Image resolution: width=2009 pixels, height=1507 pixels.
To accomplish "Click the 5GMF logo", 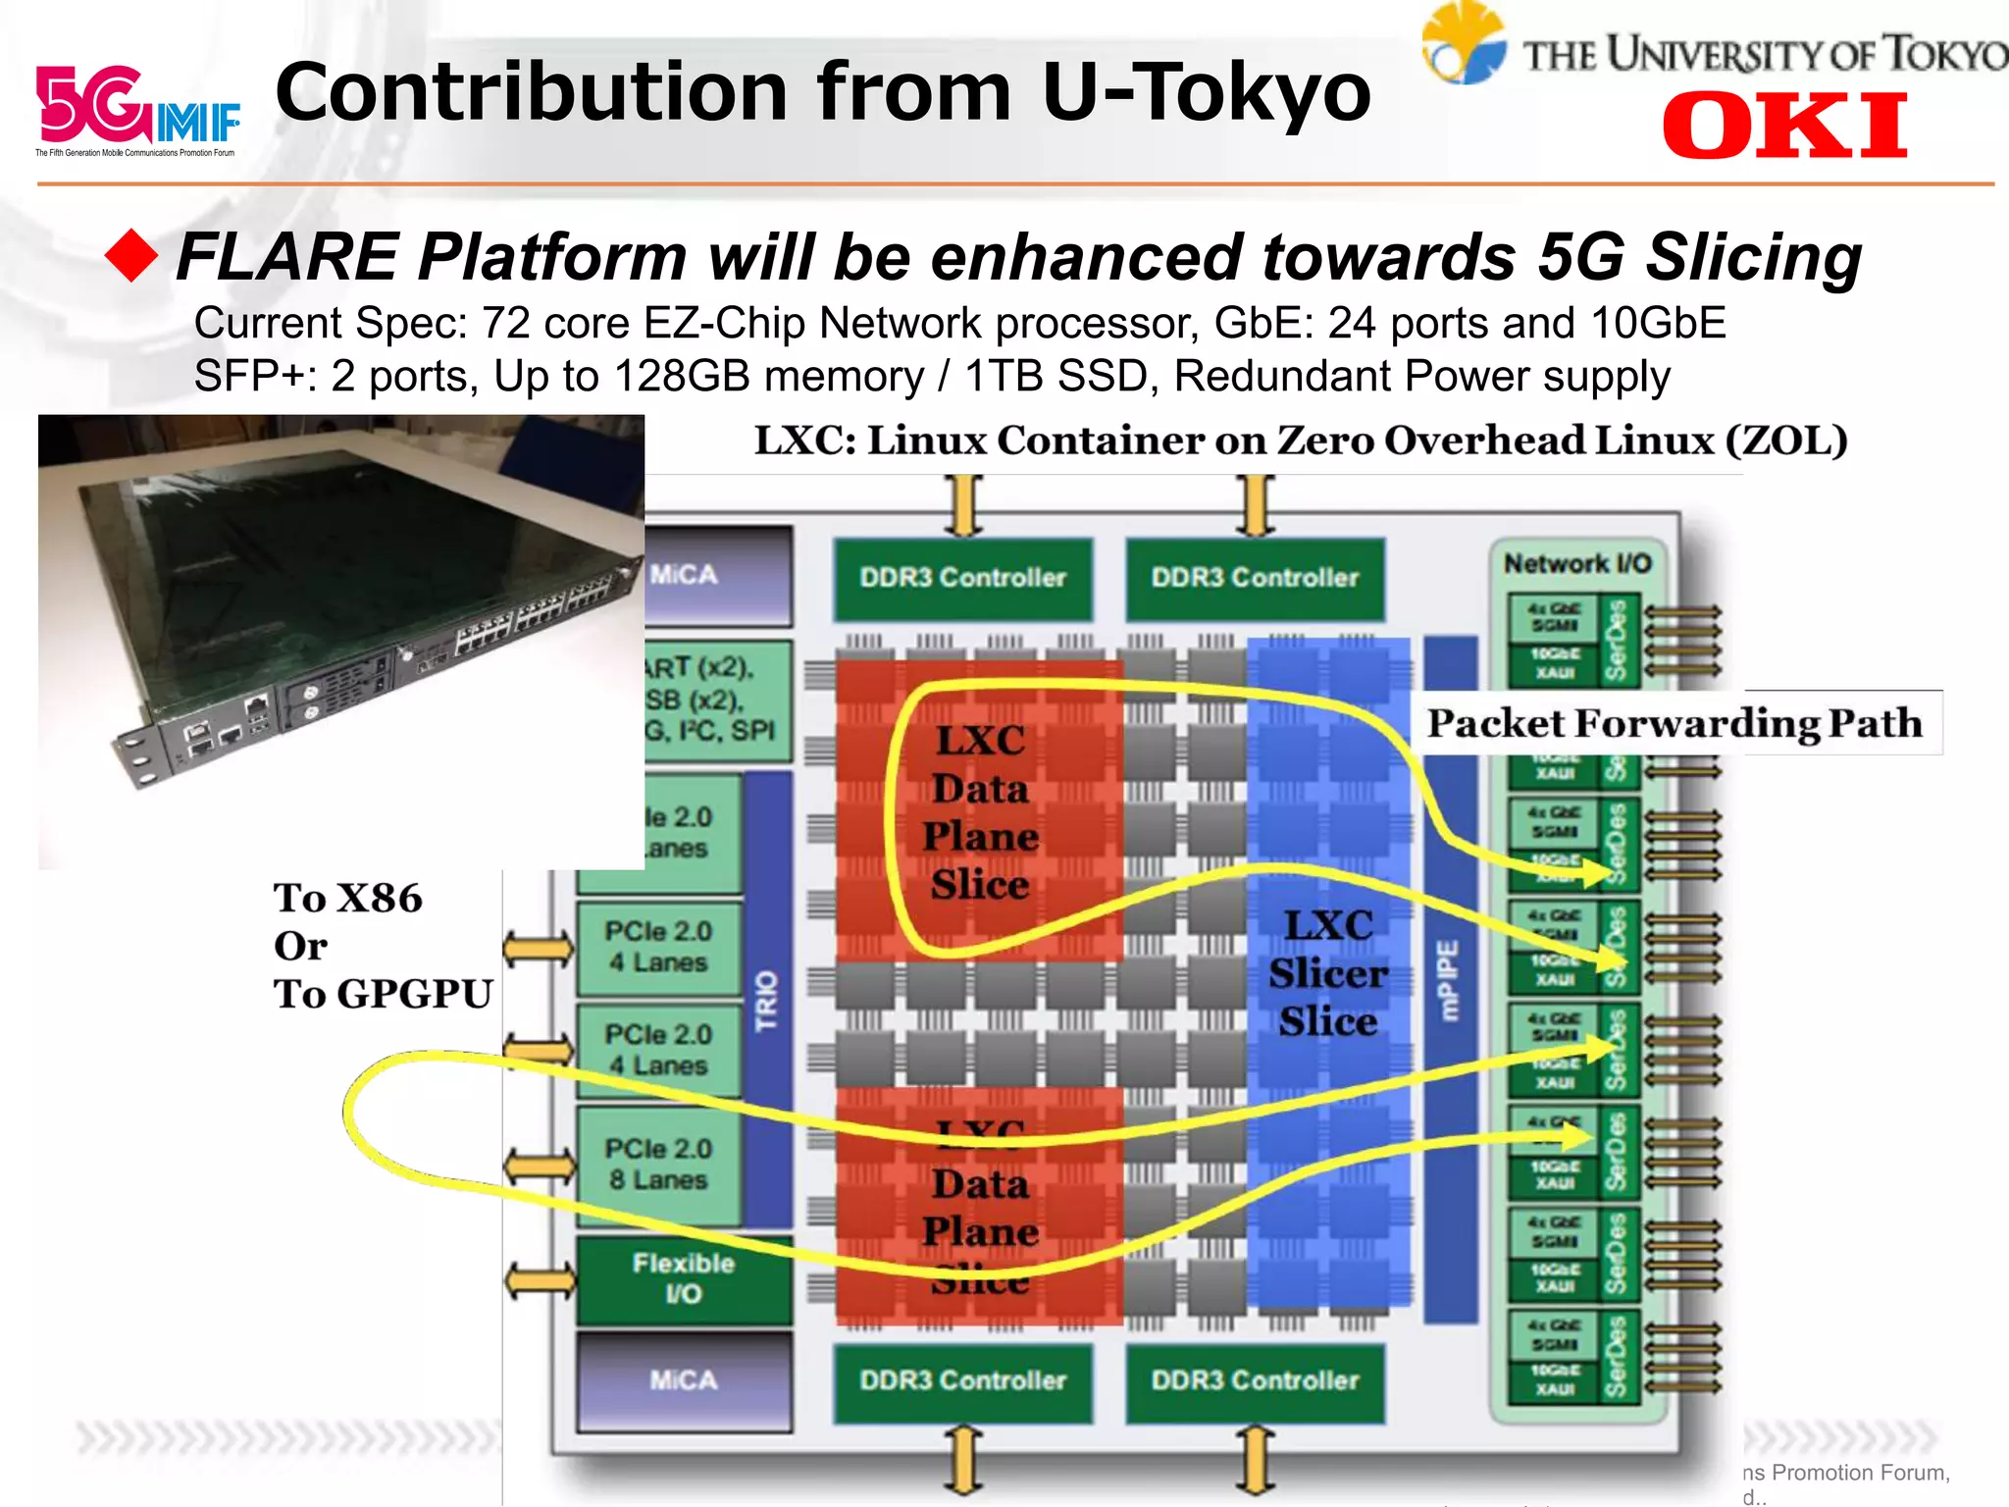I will (137, 108).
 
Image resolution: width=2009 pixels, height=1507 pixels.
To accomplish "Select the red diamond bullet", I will (131, 256).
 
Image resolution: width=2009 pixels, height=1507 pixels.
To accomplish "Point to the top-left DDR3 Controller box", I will (962, 578).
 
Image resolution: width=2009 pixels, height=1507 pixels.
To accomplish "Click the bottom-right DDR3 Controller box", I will (1255, 1380).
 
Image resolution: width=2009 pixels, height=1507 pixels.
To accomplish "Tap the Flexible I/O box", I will (684, 1277).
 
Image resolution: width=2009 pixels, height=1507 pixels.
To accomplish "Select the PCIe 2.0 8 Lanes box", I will (658, 1165).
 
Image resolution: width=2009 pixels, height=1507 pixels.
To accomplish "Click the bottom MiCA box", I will (684, 1380).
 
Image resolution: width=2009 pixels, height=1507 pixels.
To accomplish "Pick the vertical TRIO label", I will (766, 1001).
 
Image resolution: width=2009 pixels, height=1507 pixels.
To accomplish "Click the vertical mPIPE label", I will (1449, 981).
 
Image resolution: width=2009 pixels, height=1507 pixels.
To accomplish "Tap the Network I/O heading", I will (1577, 563).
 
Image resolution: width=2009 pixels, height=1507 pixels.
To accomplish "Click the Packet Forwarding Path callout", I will (1674, 723).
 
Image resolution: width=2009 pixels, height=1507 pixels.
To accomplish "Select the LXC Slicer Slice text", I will (1328, 973).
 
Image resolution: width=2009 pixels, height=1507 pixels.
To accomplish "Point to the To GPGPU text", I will (383, 994).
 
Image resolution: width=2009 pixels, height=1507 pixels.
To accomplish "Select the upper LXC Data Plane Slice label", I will (981, 812).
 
